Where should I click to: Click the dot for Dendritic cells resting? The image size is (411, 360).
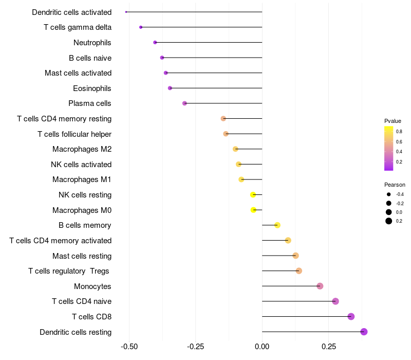364,332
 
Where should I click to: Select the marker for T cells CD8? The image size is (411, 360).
351,316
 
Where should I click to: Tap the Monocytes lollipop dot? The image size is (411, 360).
320,286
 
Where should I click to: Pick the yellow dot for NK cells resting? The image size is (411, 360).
253,195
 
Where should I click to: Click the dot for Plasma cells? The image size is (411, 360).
184,103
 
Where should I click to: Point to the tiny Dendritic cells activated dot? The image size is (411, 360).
126,12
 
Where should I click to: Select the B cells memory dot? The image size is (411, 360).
277,225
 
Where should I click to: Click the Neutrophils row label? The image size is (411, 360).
92,43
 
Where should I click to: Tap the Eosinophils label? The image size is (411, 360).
92,88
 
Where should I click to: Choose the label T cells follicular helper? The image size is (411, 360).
74,134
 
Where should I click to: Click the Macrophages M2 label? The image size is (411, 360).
82,149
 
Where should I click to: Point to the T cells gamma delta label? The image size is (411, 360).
78,27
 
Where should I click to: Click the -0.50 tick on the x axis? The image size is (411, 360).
129,347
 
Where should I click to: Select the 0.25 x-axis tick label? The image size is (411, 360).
329,347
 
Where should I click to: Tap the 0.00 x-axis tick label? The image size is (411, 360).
262,347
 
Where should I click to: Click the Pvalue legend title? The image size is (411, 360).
393,121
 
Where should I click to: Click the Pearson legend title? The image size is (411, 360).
395,185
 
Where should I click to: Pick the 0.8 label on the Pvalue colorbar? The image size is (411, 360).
399,132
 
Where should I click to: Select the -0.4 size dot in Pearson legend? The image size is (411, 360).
389,194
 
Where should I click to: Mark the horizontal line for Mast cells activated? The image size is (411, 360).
214,73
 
